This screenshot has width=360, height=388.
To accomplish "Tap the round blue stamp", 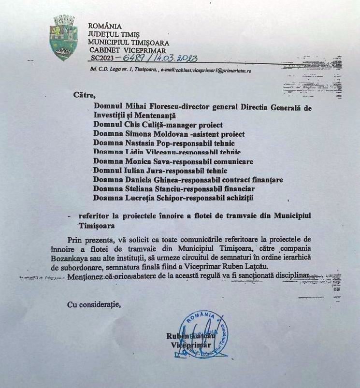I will coord(203,334).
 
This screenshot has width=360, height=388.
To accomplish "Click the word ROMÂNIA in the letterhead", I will coord(105,26).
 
